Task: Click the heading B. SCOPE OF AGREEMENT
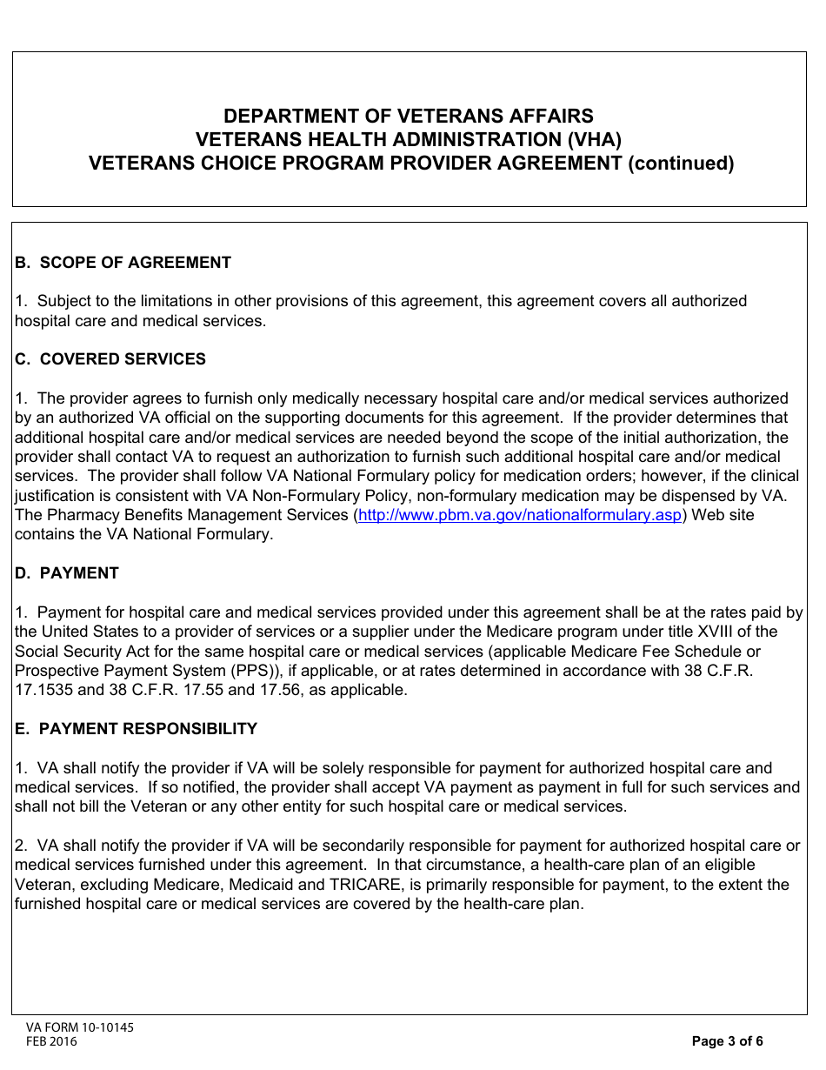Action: pos(123,263)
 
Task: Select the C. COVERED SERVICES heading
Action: pos(110,359)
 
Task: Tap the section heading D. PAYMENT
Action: pos(67,573)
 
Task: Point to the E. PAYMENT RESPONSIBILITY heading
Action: pos(136,729)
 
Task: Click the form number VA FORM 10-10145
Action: pos(80,1027)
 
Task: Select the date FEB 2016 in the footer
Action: pos(51,1041)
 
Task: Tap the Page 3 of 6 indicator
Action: pos(727,1041)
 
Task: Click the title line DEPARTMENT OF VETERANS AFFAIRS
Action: pos(409,117)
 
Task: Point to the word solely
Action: pos(333,768)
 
